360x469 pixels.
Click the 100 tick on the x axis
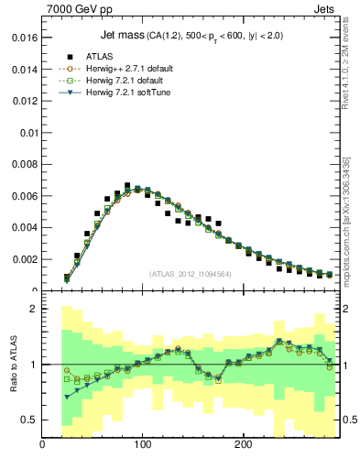(143, 444)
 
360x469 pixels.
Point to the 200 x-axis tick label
(243, 444)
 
